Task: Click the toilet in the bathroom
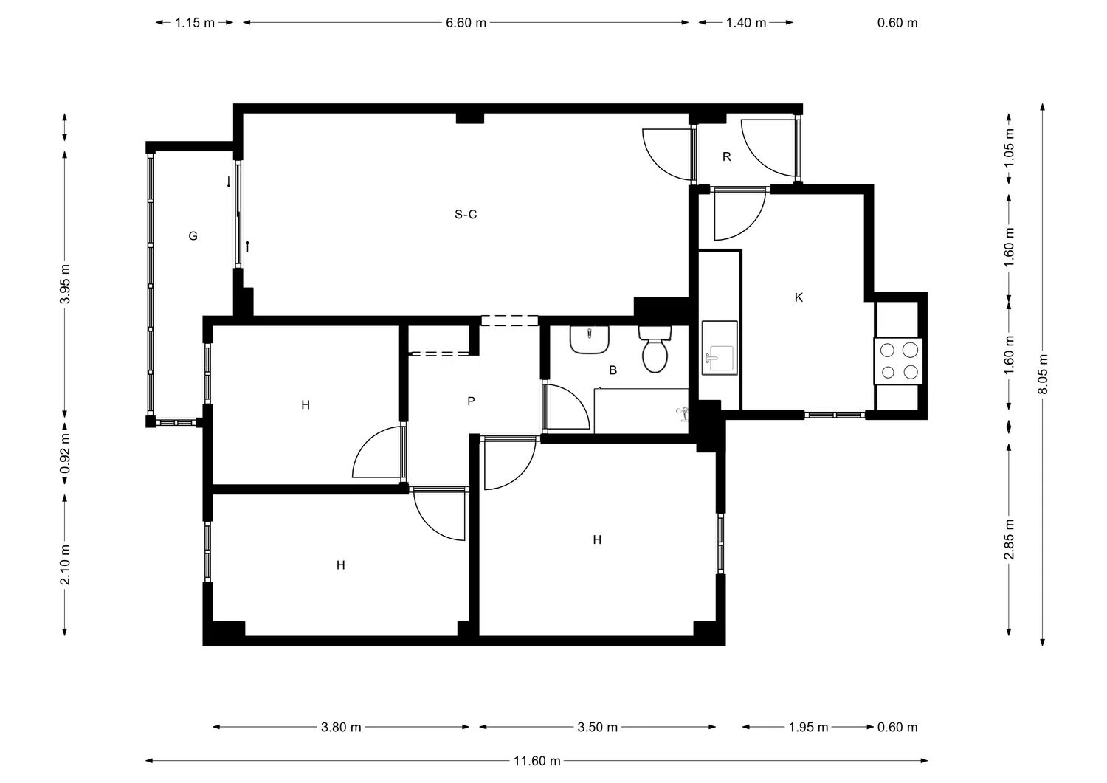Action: coord(655,350)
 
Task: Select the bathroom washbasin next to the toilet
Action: coord(590,339)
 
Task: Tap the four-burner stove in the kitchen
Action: coord(899,361)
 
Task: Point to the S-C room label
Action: coord(466,215)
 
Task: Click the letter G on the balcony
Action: coord(193,236)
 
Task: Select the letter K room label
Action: coord(799,297)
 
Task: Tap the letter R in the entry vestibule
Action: coord(727,156)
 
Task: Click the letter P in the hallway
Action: coord(471,401)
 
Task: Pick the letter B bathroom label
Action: coord(613,370)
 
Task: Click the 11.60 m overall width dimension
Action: coord(537,761)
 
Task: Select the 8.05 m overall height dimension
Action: coord(1043,374)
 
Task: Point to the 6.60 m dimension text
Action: coord(466,23)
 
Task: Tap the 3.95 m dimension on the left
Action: coord(65,284)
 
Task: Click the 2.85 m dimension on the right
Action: coord(1010,539)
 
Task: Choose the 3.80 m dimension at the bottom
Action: coord(341,727)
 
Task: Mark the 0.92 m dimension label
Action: coord(65,452)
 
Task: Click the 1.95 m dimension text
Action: coord(808,727)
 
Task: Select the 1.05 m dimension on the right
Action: coord(1010,146)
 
